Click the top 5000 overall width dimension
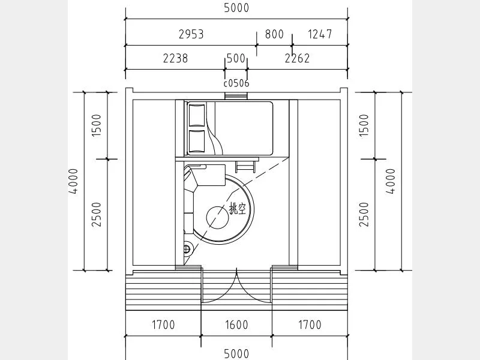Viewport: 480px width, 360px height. [236, 8]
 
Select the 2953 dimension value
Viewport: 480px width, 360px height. [191, 34]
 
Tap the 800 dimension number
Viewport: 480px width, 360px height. [274, 34]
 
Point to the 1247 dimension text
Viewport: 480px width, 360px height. [320, 34]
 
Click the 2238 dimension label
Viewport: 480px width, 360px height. [175, 58]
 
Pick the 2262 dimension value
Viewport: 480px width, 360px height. [297, 58]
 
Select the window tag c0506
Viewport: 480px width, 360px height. [236, 83]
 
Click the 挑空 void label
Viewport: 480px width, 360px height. [238, 209]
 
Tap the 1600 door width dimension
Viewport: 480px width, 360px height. [236, 325]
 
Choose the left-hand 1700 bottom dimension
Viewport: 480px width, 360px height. [163, 325]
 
